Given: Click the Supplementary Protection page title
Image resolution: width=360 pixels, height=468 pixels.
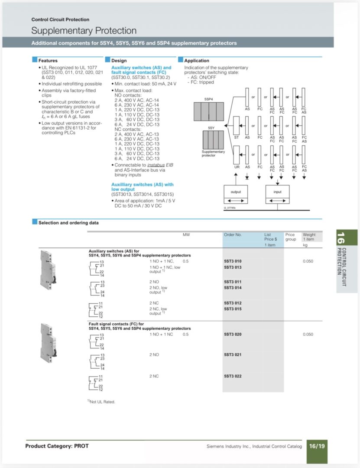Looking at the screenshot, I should pyautogui.click(x=84, y=31).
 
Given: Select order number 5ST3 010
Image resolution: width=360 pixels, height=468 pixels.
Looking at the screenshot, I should pyautogui.click(x=233, y=261).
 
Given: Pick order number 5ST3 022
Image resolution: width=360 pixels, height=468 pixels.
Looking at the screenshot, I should pyautogui.click(x=233, y=376).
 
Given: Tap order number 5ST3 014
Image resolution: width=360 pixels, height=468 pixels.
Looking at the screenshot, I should pyautogui.click(x=233, y=288).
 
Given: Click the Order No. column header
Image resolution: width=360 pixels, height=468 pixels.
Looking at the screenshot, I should pyautogui.click(x=233, y=235).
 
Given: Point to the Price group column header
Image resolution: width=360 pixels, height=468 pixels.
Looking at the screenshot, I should pyautogui.click(x=290, y=237).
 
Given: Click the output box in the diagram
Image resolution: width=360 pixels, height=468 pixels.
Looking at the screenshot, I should pyautogui.click(x=236, y=192).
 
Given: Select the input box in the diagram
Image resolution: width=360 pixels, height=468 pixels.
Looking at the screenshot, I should pyautogui.click(x=277, y=192).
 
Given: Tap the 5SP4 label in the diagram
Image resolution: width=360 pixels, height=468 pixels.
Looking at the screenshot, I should pyautogui.click(x=208, y=100).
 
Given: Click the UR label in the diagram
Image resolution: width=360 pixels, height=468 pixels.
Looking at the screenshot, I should pyautogui.click(x=237, y=167).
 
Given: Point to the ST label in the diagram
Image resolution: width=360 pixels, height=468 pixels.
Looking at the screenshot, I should pyautogui.click(x=237, y=137).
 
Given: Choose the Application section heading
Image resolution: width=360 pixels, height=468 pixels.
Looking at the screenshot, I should pyautogui.click(x=197, y=61).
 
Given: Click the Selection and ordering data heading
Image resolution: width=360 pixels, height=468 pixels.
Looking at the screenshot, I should pyautogui.click(x=68, y=223).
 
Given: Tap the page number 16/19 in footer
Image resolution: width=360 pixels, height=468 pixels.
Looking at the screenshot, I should pyautogui.click(x=316, y=445).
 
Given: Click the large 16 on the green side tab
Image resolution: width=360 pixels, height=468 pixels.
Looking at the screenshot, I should pyautogui.click(x=341, y=237).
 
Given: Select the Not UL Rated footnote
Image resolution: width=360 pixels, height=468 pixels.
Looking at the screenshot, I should pyautogui.click(x=101, y=402).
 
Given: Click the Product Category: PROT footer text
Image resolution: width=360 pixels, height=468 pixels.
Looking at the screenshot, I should pyautogui.click(x=57, y=446).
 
